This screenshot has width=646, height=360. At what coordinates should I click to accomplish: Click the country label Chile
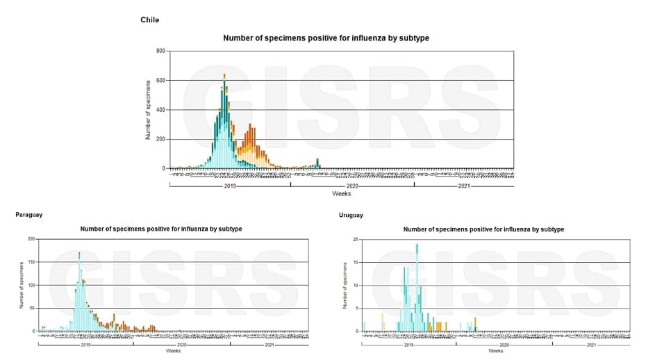pyautogui.click(x=149, y=19)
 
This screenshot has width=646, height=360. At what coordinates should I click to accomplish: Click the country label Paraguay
pyautogui.click(x=28, y=215)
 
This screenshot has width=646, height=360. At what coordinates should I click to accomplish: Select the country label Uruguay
pyautogui.click(x=351, y=215)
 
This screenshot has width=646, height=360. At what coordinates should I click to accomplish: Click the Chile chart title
pyautogui.click(x=326, y=38)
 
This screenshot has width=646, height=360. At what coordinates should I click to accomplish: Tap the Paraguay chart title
pyautogui.click(x=161, y=229)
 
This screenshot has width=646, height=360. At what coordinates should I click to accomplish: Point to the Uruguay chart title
pyautogui.click(x=483, y=229)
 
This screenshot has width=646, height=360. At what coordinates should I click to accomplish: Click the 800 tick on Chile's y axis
pyautogui.click(x=160, y=51)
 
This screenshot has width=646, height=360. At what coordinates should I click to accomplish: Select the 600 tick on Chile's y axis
pyautogui.click(x=160, y=80)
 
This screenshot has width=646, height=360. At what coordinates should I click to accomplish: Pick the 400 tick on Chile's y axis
pyautogui.click(x=160, y=110)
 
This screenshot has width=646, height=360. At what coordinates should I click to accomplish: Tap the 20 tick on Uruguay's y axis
pyautogui.click(x=356, y=239)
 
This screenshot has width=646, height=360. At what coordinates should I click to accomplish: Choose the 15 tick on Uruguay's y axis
pyautogui.click(x=356, y=262)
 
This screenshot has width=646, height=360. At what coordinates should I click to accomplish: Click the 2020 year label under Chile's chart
pyautogui.click(x=352, y=186)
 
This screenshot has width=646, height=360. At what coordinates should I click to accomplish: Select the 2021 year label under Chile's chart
pyautogui.click(x=464, y=186)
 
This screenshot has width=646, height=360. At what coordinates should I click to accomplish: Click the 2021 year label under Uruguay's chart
pyautogui.click(x=591, y=345)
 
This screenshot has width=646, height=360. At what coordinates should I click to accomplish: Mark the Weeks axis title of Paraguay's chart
pyautogui.click(x=174, y=350)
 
